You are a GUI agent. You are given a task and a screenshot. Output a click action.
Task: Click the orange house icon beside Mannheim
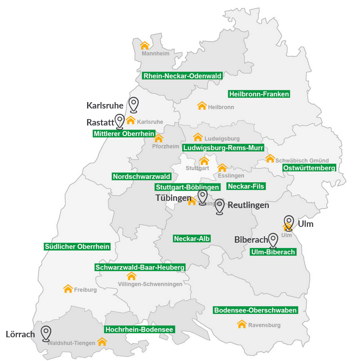(145, 46)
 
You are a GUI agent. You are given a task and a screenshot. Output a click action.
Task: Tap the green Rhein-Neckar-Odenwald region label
(182, 76)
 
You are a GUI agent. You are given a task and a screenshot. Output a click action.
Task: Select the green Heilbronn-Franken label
(259, 94)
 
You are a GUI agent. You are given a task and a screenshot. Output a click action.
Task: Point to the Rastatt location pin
(120, 121)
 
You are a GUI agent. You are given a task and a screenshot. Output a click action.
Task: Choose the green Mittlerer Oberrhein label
(124, 134)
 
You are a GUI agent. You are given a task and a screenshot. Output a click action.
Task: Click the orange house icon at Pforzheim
(159, 138)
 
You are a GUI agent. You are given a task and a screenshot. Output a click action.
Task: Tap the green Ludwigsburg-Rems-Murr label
(223, 148)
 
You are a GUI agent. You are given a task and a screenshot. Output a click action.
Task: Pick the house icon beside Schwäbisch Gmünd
(270, 158)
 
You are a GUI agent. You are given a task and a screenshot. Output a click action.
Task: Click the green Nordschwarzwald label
(142, 176)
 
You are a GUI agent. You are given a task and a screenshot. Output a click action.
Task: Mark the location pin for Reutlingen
(220, 207)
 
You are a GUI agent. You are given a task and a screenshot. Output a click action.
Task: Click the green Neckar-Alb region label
(191, 239)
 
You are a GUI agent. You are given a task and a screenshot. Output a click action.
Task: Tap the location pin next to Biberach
(273, 240)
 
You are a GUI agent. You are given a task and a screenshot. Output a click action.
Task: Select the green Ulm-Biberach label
(273, 252)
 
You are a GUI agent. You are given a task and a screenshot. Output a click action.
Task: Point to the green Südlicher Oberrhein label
(77, 247)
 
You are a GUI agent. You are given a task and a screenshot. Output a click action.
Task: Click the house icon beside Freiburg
(68, 289)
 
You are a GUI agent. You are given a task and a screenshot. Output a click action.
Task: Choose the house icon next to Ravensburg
(242, 324)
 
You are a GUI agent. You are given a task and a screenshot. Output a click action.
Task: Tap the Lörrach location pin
(46, 333)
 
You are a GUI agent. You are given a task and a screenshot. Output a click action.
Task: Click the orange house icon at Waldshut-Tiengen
(102, 342)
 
